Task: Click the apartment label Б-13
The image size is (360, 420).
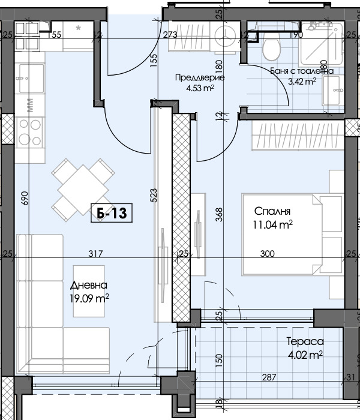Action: point(112,213)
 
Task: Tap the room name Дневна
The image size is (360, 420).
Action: point(89,285)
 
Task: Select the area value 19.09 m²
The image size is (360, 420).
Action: point(89,298)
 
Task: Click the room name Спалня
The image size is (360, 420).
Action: point(272,211)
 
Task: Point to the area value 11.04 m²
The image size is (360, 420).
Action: point(272,224)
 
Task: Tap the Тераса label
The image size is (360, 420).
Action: point(305,341)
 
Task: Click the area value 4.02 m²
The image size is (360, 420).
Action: point(305,355)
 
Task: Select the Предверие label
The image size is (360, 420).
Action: point(200,77)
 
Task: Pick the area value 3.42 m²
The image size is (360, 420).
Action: point(302,81)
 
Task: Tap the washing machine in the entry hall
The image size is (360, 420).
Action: point(225,37)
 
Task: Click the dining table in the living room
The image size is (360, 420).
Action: point(83,190)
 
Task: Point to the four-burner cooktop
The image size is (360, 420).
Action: point(30,132)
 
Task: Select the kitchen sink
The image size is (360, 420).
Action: point(30,78)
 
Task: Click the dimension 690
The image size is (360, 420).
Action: point(25,198)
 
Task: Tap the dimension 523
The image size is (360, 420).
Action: point(154,195)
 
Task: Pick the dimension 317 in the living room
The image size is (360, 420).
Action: point(95,253)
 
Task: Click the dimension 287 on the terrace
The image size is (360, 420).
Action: point(269,377)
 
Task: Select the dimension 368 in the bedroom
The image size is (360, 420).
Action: point(219,214)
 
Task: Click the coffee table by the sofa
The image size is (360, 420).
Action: point(89,291)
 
